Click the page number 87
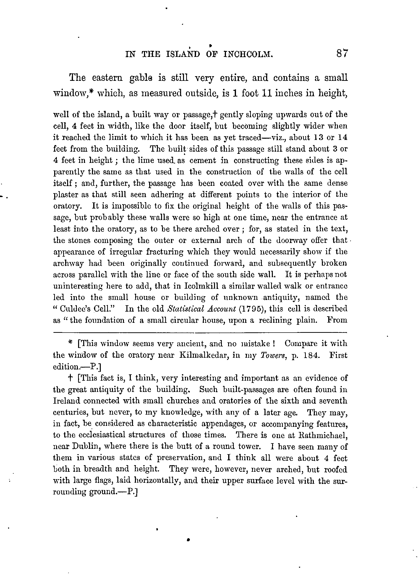tap(341, 54)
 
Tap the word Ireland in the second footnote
tap(67, 401)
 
